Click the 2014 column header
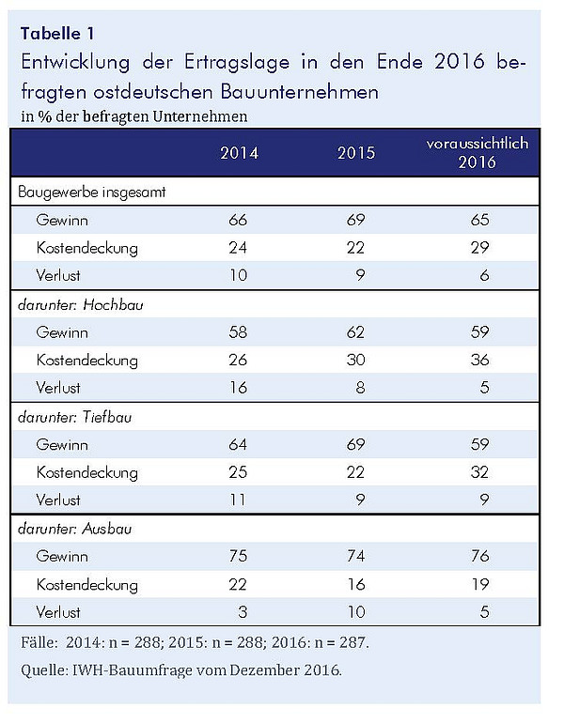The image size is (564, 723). pyautogui.click(x=239, y=153)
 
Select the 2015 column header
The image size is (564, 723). pyautogui.click(x=356, y=153)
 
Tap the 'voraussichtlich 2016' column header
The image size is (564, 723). pyautogui.click(x=478, y=153)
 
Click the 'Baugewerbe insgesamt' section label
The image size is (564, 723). pyautogui.click(x=91, y=192)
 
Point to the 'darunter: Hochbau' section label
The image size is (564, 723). pyautogui.click(x=80, y=305)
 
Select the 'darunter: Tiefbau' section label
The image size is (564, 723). pyautogui.click(x=75, y=417)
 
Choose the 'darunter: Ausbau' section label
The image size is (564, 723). pyautogui.click(x=75, y=529)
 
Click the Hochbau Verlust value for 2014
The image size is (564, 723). pyautogui.click(x=238, y=387)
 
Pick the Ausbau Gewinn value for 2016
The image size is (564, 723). pyautogui.click(x=480, y=556)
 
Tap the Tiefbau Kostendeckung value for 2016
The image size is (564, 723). pyautogui.click(x=480, y=471)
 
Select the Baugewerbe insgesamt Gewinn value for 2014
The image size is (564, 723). pyautogui.click(x=238, y=220)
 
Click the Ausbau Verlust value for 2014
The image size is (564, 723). pyautogui.click(x=243, y=612)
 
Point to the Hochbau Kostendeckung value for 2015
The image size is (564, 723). pyautogui.click(x=356, y=360)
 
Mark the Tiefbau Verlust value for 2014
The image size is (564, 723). pyautogui.click(x=238, y=500)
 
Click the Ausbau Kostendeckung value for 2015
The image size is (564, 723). pyautogui.click(x=356, y=584)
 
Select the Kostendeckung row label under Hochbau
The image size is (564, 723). pyautogui.click(x=87, y=361)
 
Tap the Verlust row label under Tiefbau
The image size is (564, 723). pyautogui.click(x=58, y=500)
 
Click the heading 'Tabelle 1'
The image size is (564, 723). pyautogui.click(x=57, y=33)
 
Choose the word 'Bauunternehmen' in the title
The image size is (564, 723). pyautogui.click(x=300, y=91)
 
